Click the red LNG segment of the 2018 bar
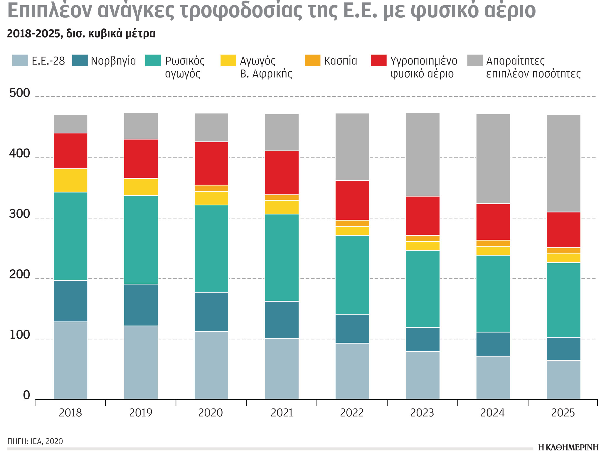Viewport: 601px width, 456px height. click(70, 151)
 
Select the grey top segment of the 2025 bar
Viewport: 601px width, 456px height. click(563, 163)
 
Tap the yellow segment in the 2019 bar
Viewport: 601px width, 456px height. click(141, 187)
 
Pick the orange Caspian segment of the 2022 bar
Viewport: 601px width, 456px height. click(352, 223)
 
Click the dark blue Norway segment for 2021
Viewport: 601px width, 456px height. click(282, 320)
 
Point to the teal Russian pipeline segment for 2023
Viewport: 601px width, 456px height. click(422, 289)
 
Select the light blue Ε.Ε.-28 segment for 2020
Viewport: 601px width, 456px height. click(211, 365)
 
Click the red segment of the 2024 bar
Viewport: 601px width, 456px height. click(493, 222)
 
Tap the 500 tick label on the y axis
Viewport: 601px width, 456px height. click(19, 93)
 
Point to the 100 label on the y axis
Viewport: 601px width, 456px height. click(19, 335)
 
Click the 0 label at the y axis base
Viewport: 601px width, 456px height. click(26, 396)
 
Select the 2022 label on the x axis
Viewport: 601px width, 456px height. click(352, 413)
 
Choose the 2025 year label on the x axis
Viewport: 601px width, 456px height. click(563, 413)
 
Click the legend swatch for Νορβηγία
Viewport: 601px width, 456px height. click(80, 60)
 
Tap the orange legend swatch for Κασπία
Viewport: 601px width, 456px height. click(312, 60)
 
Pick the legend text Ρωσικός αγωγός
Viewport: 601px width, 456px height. click(184, 67)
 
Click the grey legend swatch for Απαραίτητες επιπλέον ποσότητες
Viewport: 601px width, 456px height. click(475, 60)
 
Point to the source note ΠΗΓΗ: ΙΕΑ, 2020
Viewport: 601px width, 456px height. click(35, 441)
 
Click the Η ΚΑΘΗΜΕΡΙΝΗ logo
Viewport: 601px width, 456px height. click(568, 447)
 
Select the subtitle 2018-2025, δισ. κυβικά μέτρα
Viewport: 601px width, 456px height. click(81, 34)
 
